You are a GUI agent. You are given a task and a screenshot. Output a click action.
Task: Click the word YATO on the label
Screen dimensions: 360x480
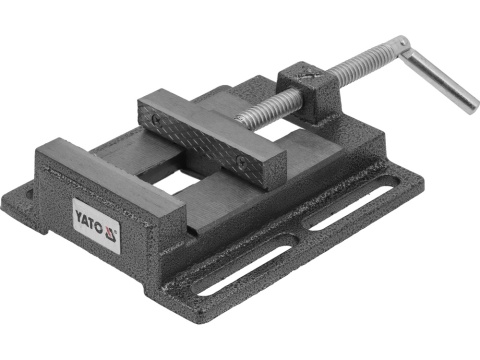(90, 211)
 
